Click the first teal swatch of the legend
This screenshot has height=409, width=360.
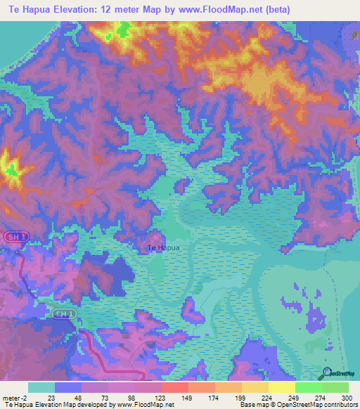pos(41,387)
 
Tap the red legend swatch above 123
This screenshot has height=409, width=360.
pos(174,387)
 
